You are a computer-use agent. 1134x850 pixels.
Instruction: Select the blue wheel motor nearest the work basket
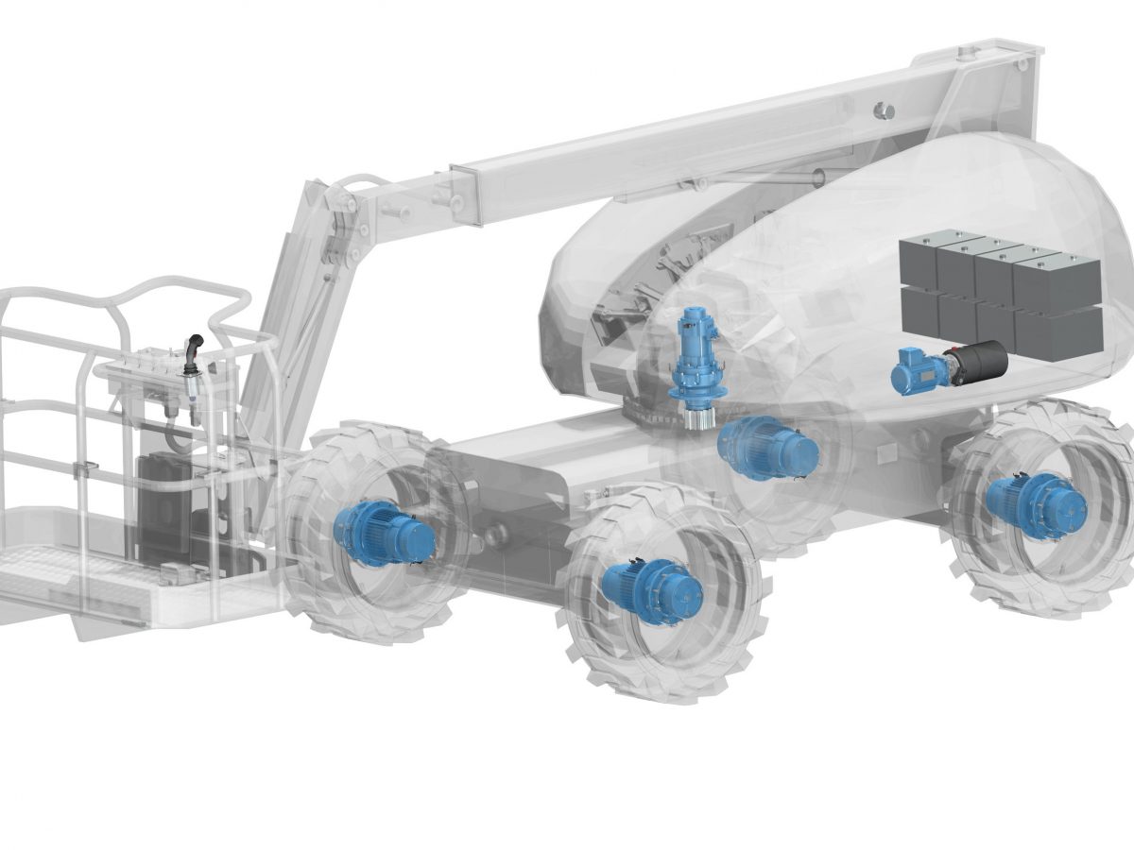click(x=383, y=534)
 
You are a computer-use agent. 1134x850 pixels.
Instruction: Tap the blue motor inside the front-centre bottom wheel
click(x=652, y=586)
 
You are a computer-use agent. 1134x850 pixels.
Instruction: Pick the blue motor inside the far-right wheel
click(x=1036, y=506)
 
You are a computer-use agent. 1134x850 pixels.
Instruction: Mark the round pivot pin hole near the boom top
click(x=885, y=110)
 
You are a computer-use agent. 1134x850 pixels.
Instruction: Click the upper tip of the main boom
click(x=1002, y=57)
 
